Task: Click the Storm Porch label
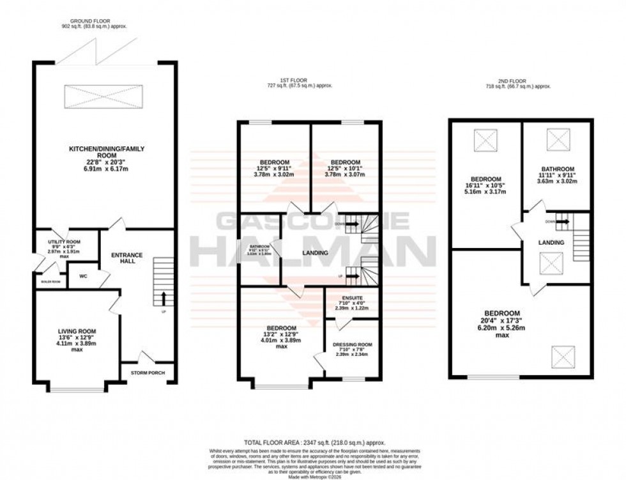pos(146,372)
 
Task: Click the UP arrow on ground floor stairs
pos(164,297)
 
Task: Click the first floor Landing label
pos(314,253)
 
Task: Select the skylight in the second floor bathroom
pos(554,137)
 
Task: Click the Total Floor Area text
pos(312,442)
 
